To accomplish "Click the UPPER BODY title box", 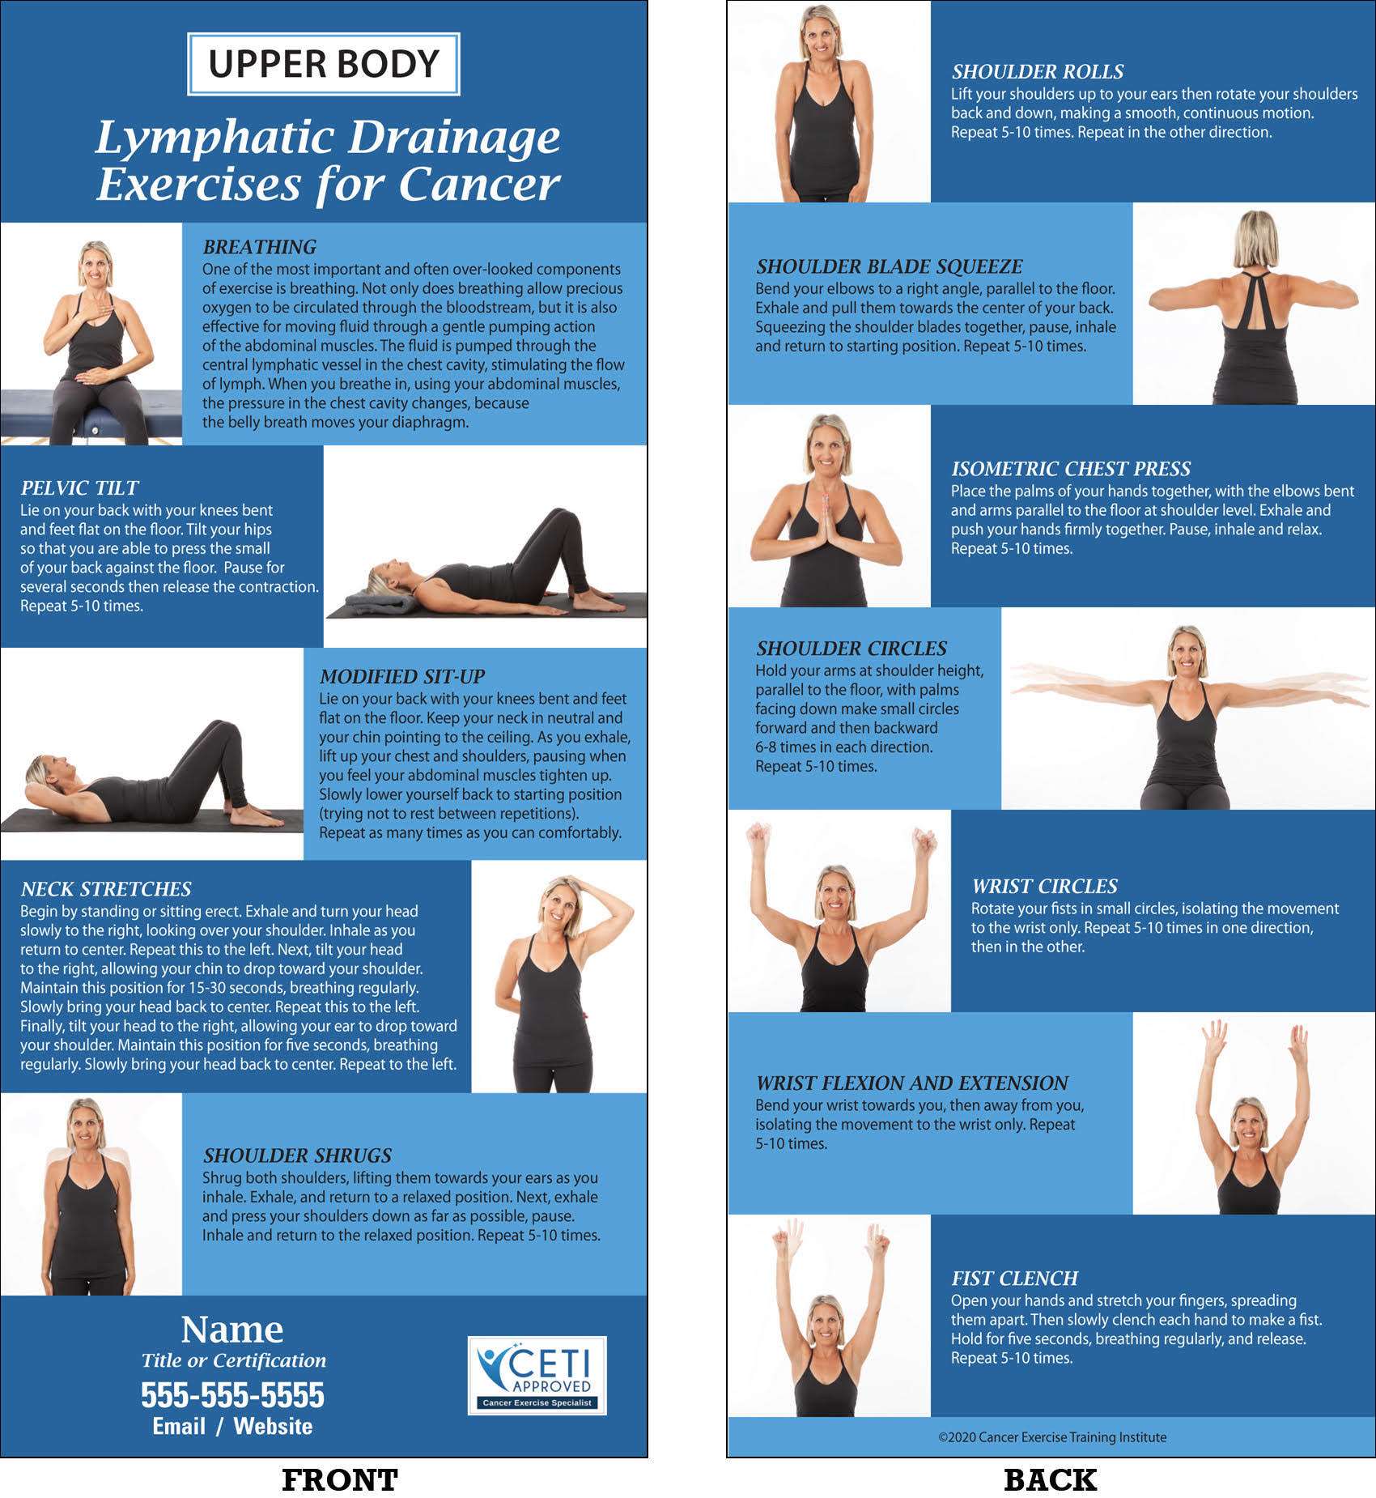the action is [x=324, y=64].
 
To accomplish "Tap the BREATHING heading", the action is [x=259, y=247].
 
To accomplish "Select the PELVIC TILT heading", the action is [x=79, y=488].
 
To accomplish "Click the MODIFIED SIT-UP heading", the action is [x=401, y=677].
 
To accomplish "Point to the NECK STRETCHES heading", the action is [x=106, y=889].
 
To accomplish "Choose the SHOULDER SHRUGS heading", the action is [x=297, y=1155].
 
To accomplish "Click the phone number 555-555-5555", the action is [x=232, y=1395].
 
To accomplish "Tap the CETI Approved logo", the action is [x=537, y=1376].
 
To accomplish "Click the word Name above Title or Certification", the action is [x=232, y=1330].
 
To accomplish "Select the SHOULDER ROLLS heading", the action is [x=1038, y=71].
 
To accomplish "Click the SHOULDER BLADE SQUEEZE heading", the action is [x=889, y=266].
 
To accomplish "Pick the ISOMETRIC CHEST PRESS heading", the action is [x=1071, y=469].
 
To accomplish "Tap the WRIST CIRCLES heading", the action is [x=1044, y=886].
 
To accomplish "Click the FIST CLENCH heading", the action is [x=1014, y=1279].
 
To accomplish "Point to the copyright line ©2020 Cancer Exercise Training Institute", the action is [x=1052, y=1437].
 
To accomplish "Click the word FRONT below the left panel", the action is [x=340, y=1480].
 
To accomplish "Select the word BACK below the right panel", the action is [x=1051, y=1480].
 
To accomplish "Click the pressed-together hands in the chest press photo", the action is [x=826, y=521].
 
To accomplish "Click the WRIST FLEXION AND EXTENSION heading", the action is [x=912, y=1083].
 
